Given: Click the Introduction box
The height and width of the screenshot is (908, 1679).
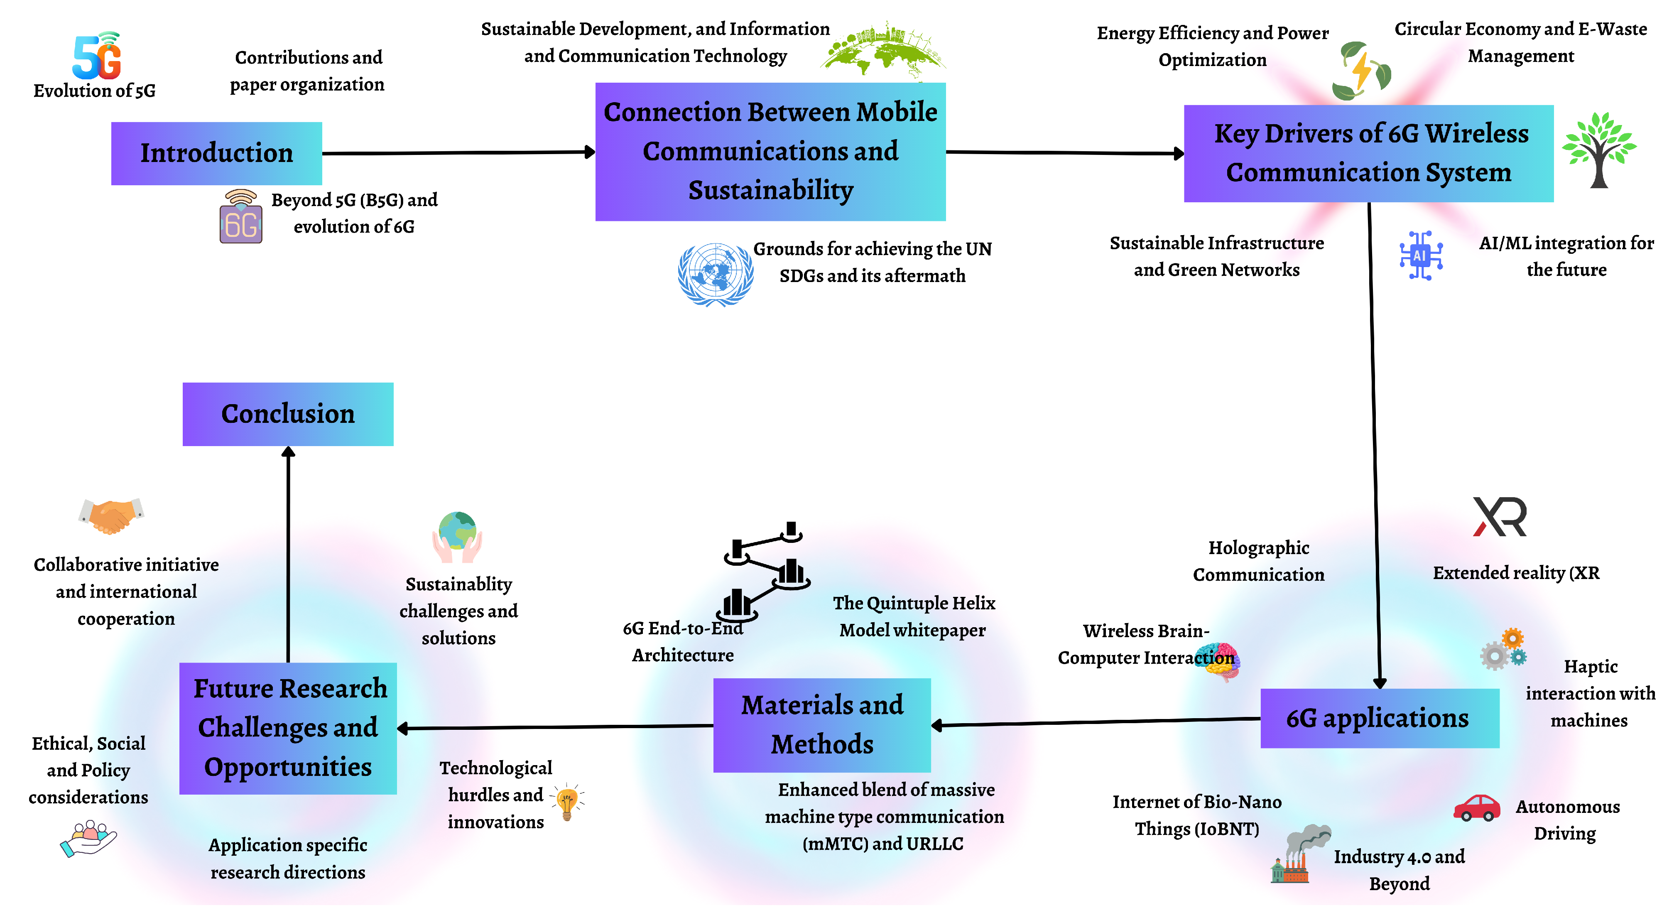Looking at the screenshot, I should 216,153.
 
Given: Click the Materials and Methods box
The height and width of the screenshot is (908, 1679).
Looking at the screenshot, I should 821,725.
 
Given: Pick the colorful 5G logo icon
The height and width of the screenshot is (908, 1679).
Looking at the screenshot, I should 98,55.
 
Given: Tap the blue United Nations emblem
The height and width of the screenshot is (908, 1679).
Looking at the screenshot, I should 715,275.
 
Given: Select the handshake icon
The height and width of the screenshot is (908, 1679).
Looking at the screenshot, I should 111,515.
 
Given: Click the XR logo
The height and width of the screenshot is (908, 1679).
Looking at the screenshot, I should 1500,517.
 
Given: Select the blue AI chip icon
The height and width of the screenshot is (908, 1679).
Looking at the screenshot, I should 1421,255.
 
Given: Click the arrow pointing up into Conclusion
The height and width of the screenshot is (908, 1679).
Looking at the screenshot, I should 288,554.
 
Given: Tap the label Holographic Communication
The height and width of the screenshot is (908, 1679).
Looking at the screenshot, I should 1258,561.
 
